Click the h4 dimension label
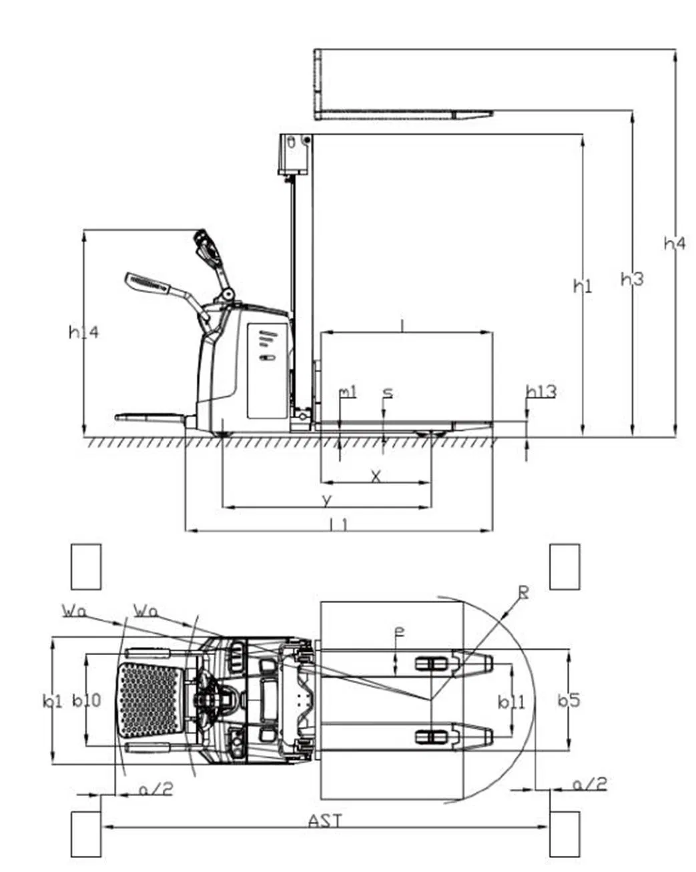coord(674,244)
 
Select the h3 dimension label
coord(631,279)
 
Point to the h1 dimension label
coord(583,286)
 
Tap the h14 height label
coord(83,332)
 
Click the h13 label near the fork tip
coord(541,392)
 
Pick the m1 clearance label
coord(348,392)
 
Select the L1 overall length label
coord(339,524)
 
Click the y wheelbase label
coord(326,499)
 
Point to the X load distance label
coord(376,476)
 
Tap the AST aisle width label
coord(326,820)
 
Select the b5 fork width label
coord(569,701)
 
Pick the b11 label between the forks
coord(512,702)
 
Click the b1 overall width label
coord(52,701)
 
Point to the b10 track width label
coord(87,701)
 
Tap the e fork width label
coord(398,630)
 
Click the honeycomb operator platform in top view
coord(149,700)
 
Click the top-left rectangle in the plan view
coord(86,566)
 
